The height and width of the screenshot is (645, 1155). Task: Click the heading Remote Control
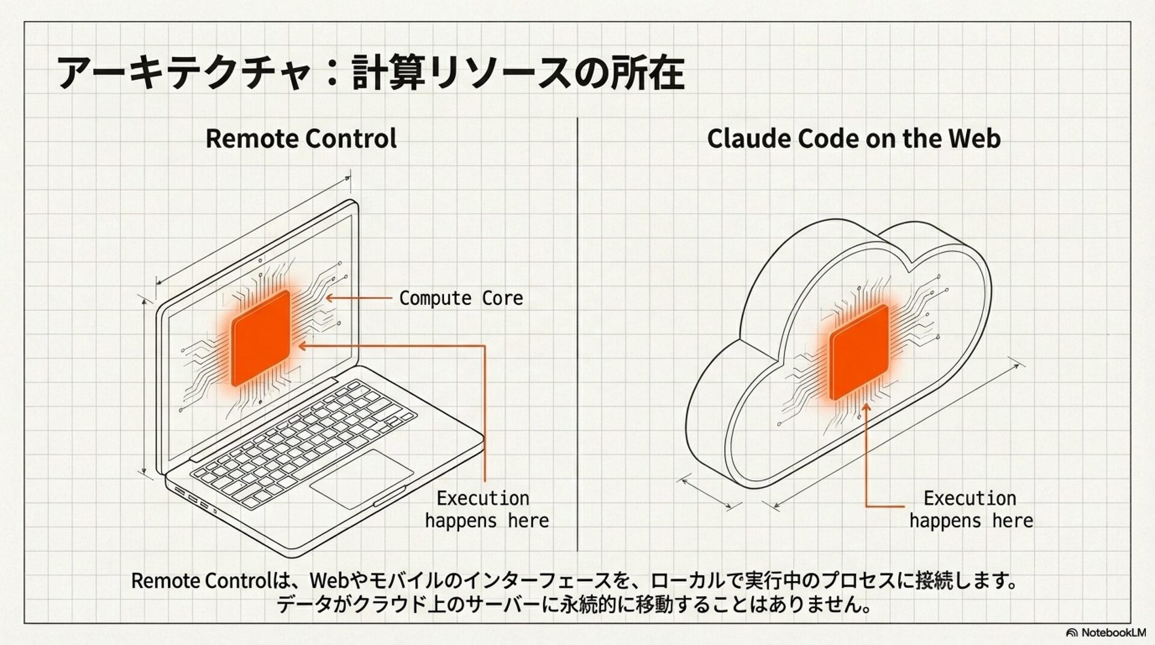[301, 138]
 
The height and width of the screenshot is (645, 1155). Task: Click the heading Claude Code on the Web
[853, 138]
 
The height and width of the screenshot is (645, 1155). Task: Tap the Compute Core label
[461, 298]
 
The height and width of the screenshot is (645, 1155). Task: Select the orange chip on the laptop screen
[261, 338]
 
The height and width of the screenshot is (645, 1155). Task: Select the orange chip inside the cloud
[859, 352]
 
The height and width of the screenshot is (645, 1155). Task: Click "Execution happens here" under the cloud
[970, 509]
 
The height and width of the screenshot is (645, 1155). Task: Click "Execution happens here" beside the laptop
[486, 509]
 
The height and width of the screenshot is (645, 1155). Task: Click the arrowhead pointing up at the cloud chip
[866, 408]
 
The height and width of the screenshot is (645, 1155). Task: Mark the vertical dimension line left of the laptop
[144, 385]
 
